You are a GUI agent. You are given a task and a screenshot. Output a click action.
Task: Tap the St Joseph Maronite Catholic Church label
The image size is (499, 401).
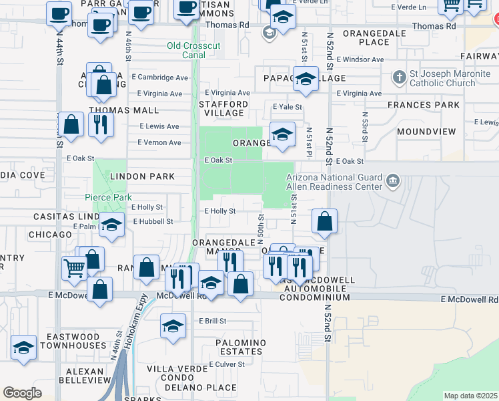pyautogui.click(x=442, y=78)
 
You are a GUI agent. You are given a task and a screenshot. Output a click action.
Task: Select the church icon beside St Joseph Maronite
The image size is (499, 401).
pyautogui.click(x=399, y=78)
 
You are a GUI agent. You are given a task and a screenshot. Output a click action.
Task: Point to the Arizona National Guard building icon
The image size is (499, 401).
pyautogui.click(x=393, y=180)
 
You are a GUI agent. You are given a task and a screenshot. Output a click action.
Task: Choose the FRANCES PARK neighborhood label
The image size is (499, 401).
pyautogui.click(x=427, y=105)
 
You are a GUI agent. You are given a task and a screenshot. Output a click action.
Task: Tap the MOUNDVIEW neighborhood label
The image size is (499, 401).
pyautogui.click(x=426, y=132)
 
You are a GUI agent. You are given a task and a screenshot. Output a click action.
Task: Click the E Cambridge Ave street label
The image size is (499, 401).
pyautogui.click(x=159, y=78)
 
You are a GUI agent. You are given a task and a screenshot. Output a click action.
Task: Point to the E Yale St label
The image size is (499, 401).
pyautogui.click(x=288, y=107)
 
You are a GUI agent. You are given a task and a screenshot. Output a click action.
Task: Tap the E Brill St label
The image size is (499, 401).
pyautogui.click(x=213, y=321)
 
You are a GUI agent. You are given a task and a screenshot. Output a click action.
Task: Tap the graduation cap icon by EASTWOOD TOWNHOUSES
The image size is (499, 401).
pyautogui.click(x=24, y=348)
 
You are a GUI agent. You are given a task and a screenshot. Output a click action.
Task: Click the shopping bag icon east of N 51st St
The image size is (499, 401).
pyautogui.click(x=324, y=222)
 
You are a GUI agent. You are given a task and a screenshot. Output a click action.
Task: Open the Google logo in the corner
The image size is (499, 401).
pyautogui.click(x=22, y=393)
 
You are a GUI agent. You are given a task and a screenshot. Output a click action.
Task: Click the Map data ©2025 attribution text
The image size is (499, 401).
pyautogui.click(x=470, y=396)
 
